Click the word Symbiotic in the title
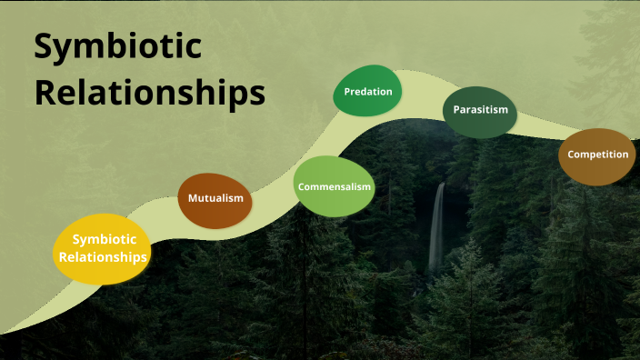[118, 47]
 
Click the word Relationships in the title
[150, 92]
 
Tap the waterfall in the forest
[438, 227]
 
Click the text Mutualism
[215, 197]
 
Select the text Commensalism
[335, 186]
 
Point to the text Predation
[368, 91]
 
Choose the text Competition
[597, 154]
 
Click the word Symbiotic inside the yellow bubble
[104, 239]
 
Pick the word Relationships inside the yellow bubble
[103, 257]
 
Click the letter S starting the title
[44, 47]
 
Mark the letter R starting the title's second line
[45, 92]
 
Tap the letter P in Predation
[347, 91]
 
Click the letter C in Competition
[571, 154]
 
